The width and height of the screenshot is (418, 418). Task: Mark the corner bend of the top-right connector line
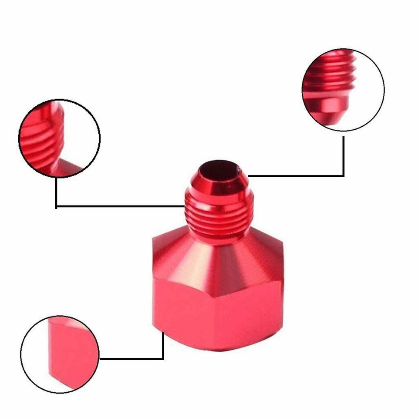click(343, 176)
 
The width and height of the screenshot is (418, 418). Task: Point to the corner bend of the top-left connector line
click(56, 206)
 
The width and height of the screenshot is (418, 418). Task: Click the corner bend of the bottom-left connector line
click(163, 359)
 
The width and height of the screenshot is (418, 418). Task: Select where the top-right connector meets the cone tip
click(249, 176)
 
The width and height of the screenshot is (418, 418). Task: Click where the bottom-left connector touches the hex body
click(163, 334)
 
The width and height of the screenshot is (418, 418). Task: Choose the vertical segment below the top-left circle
click(56, 192)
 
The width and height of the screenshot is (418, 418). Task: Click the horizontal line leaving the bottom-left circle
click(131, 359)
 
